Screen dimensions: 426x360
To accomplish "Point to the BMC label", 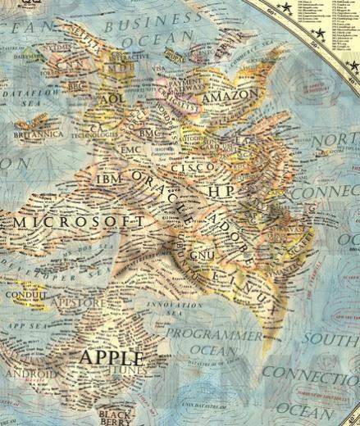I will tap(149, 132).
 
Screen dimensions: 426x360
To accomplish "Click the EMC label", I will tap(131, 152).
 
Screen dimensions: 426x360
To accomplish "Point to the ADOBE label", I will tap(230, 230).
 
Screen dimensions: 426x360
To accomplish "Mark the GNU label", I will tap(200, 256).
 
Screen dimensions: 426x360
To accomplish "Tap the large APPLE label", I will tap(110, 358).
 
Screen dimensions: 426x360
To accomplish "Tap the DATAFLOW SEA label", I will tap(33, 96).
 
